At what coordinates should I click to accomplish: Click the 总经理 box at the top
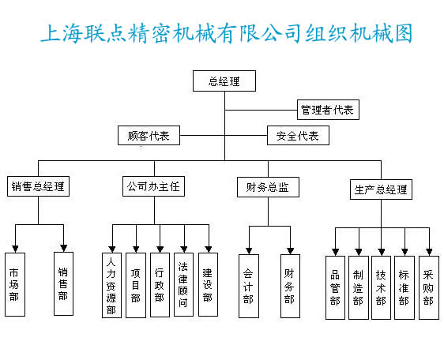click(x=224, y=81)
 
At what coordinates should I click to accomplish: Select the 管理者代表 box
click(x=328, y=110)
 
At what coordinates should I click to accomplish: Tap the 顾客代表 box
click(x=149, y=136)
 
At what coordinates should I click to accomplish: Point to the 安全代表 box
click(x=298, y=136)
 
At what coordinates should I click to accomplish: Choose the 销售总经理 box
click(x=38, y=186)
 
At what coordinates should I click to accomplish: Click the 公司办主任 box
click(x=153, y=186)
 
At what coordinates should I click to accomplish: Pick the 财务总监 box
click(x=268, y=187)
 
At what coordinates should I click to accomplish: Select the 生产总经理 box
click(x=381, y=189)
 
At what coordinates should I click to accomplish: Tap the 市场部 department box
click(x=15, y=284)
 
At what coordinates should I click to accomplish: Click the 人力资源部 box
click(x=111, y=285)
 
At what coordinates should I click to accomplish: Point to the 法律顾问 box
click(x=183, y=284)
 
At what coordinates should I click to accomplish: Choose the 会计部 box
click(x=249, y=286)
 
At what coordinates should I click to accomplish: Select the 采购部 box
click(x=429, y=287)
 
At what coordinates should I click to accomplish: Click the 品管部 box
click(x=335, y=287)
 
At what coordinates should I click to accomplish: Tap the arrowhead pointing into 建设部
click(x=209, y=249)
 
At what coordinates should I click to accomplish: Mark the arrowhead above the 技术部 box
click(x=382, y=252)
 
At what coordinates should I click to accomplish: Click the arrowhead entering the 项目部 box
click(x=136, y=249)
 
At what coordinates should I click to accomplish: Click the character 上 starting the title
click(x=51, y=33)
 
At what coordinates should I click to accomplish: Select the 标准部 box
click(x=404, y=287)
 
